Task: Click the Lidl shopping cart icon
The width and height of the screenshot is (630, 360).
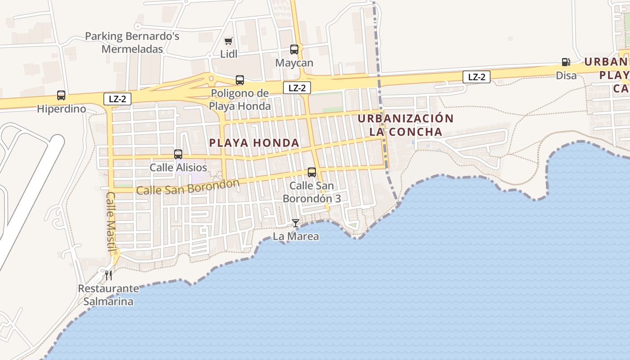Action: point(228,41)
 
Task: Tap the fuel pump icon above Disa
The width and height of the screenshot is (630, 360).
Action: point(566,62)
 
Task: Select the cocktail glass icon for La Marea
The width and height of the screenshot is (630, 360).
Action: point(295,223)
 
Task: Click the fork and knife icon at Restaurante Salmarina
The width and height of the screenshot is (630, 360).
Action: point(108,275)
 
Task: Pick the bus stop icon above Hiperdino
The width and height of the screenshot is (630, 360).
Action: point(61,95)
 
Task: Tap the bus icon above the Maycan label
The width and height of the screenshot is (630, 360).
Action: point(294,49)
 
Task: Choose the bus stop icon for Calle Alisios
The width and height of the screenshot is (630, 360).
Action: point(178,154)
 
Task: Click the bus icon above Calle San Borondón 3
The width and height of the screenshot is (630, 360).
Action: point(311,172)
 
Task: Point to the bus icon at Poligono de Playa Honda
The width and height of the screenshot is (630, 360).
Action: point(240,80)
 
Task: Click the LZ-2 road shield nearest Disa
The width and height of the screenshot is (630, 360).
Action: point(477,77)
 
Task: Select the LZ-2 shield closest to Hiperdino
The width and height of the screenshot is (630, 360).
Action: point(117,99)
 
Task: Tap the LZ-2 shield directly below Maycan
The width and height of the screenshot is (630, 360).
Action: point(297,88)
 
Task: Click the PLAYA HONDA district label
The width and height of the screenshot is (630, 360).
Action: point(254,143)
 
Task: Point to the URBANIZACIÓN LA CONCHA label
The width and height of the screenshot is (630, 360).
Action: point(405,125)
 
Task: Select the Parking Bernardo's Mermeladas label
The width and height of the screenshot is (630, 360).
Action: point(132,42)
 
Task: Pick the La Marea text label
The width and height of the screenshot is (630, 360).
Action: point(296,236)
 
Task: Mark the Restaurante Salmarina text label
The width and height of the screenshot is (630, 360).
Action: point(108,295)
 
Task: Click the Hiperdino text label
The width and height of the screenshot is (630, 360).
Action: point(61,108)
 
